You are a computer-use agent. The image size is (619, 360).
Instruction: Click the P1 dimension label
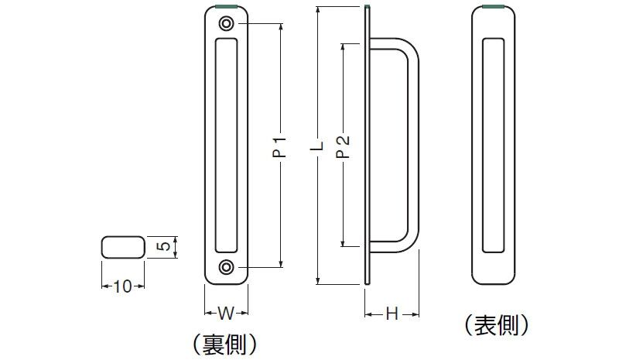click(x=280, y=146)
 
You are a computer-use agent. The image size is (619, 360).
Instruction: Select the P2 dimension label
click(x=343, y=146)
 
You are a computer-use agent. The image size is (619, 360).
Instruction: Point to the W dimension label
click(x=225, y=314)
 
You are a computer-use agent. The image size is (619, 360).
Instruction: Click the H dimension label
click(x=392, y=314)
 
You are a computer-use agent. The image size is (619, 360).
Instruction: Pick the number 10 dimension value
click(x=122, y=286)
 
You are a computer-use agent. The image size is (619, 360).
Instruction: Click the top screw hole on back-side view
click(x=226, y=25)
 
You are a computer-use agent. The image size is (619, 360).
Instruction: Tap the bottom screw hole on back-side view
click(x=226, y=267)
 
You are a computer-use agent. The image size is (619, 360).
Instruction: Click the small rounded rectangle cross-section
click(x=122, y=248)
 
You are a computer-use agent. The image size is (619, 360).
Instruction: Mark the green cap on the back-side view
click(x=226, y=9)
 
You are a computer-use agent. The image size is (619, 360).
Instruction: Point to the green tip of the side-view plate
click(x=365, y=8)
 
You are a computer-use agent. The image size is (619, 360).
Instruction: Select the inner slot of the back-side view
click(x=226, y=146)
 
